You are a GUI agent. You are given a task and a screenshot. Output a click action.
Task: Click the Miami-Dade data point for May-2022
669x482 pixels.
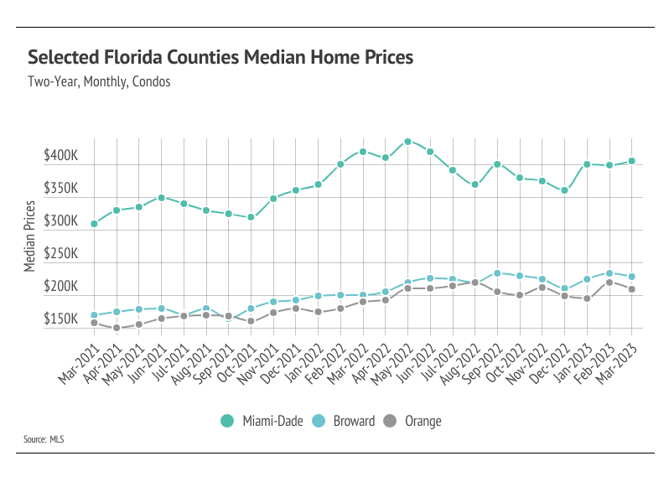[x=407, y=142]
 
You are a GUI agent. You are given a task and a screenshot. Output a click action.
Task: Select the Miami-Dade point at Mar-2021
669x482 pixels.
[x=94, y=224]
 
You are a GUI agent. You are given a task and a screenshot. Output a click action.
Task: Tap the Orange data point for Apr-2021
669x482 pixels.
[x=117, y=328]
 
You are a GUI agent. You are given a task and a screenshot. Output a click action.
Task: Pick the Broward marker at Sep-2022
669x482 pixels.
[x=497, y=273]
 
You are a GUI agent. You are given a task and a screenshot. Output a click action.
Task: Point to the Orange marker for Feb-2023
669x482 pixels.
[x=609, y=282]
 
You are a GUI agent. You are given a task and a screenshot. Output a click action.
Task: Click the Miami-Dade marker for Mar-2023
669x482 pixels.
[x=631, y=161]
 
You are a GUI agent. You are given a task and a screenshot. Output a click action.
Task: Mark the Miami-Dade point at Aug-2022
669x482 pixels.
[x=475, y=184]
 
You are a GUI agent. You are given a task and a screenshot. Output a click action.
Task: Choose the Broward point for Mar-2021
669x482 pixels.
[x=94, y=315]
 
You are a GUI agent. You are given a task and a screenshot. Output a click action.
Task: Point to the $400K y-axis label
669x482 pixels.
[x=61, y=156]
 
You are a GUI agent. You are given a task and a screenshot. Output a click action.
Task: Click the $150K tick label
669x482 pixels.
[x=61, y=319]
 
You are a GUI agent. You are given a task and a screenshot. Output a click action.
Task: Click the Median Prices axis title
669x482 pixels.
[x=30, y=236]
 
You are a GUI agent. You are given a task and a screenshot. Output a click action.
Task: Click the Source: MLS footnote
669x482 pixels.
[x=44, y=438]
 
